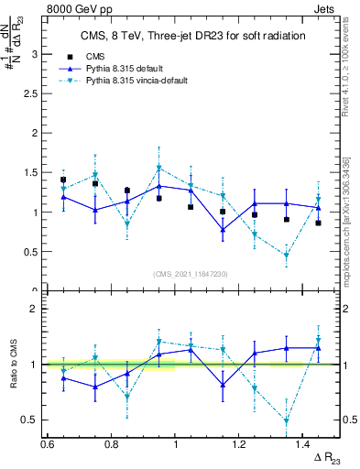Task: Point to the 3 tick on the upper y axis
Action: pos(35,54)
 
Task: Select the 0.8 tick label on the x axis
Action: pos(112,444)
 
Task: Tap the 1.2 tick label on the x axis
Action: pos(240,444)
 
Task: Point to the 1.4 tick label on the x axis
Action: pos(304,444)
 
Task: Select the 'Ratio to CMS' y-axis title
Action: pos(12,364)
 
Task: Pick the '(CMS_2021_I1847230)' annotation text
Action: pos(191,273)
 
